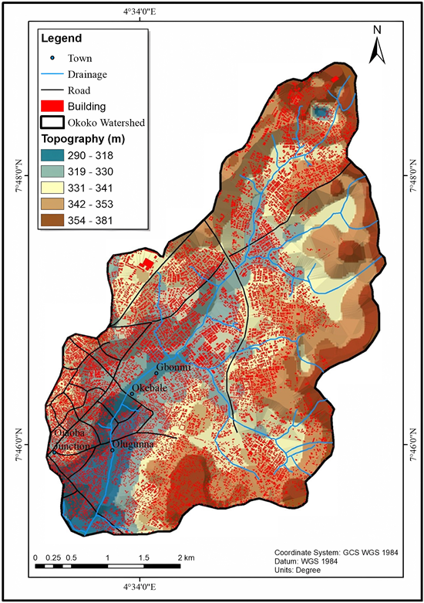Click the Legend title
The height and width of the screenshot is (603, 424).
click(x=61, y=38)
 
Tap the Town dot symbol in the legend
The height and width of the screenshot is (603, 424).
click(x=52, y=58)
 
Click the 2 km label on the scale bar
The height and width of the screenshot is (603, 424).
click(x=185, y=557)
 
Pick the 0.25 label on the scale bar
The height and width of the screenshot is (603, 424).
click(x=53, y=557)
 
